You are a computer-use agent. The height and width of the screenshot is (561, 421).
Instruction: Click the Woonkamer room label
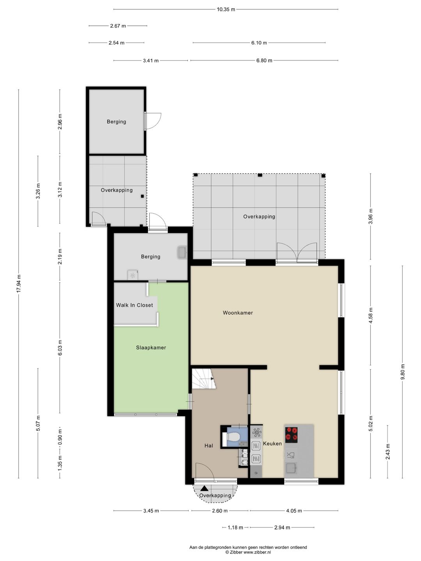[238, 313]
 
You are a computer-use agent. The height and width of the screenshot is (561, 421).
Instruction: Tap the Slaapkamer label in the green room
[151, 348]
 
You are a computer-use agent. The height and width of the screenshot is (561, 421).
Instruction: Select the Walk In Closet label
[134, 305]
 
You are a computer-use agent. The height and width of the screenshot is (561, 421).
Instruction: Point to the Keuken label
[272, 444]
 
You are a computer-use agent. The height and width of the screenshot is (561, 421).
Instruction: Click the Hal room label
[209, 446]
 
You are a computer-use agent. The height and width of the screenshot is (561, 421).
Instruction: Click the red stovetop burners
[292, 435]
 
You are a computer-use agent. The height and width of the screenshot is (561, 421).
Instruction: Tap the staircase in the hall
[204, 379]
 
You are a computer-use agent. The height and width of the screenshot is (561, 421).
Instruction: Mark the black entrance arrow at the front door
[204, 489]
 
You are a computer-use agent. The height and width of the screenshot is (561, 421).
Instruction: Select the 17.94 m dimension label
[18, 284]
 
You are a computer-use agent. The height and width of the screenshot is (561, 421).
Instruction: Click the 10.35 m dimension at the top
[226, 10]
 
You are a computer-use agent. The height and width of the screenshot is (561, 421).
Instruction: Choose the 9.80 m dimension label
[403, 372]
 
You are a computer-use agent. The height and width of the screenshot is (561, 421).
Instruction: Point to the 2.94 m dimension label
[282, 527]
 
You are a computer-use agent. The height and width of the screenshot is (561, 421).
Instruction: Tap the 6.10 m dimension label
[259, 43]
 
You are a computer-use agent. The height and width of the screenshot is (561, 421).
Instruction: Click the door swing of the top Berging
[153, 121]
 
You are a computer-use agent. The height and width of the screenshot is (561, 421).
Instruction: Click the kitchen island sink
[291, 468]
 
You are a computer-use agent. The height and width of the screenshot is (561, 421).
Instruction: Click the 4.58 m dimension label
[371, 316]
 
